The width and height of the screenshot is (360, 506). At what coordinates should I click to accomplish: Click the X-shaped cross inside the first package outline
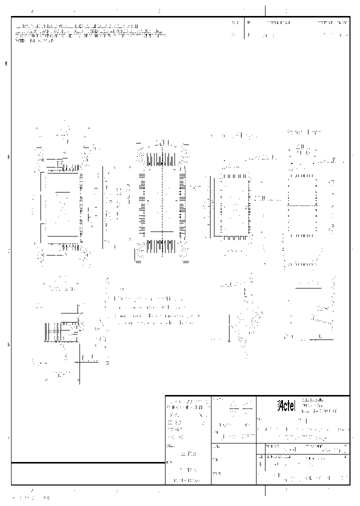point(62,205)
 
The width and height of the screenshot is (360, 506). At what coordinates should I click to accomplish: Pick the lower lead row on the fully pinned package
point(161,246)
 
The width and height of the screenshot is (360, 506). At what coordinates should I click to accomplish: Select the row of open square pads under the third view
point(235,237)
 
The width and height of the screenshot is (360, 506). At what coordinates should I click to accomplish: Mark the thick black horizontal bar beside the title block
point(88,462)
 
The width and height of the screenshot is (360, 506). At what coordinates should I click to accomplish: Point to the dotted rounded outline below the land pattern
point(302,255)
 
